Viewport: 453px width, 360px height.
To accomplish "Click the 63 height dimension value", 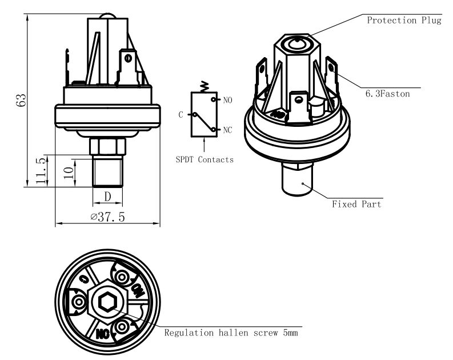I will [x=22, y=101].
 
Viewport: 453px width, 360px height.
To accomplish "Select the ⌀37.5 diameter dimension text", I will [x=108, y=217].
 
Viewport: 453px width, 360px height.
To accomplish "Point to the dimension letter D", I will [x=108, y=197].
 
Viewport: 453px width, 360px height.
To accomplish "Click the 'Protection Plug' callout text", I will [x=404, y=21].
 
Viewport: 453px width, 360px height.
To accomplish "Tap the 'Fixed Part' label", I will [x=356, y=204].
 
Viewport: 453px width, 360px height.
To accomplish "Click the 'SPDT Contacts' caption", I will [x=205, y=159].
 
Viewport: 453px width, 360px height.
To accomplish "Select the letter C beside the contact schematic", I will [x=181, y=115].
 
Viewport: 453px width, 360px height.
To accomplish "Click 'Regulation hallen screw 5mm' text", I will [x=231, y=332].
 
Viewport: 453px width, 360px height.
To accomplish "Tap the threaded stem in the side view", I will [x=108, y=171].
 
